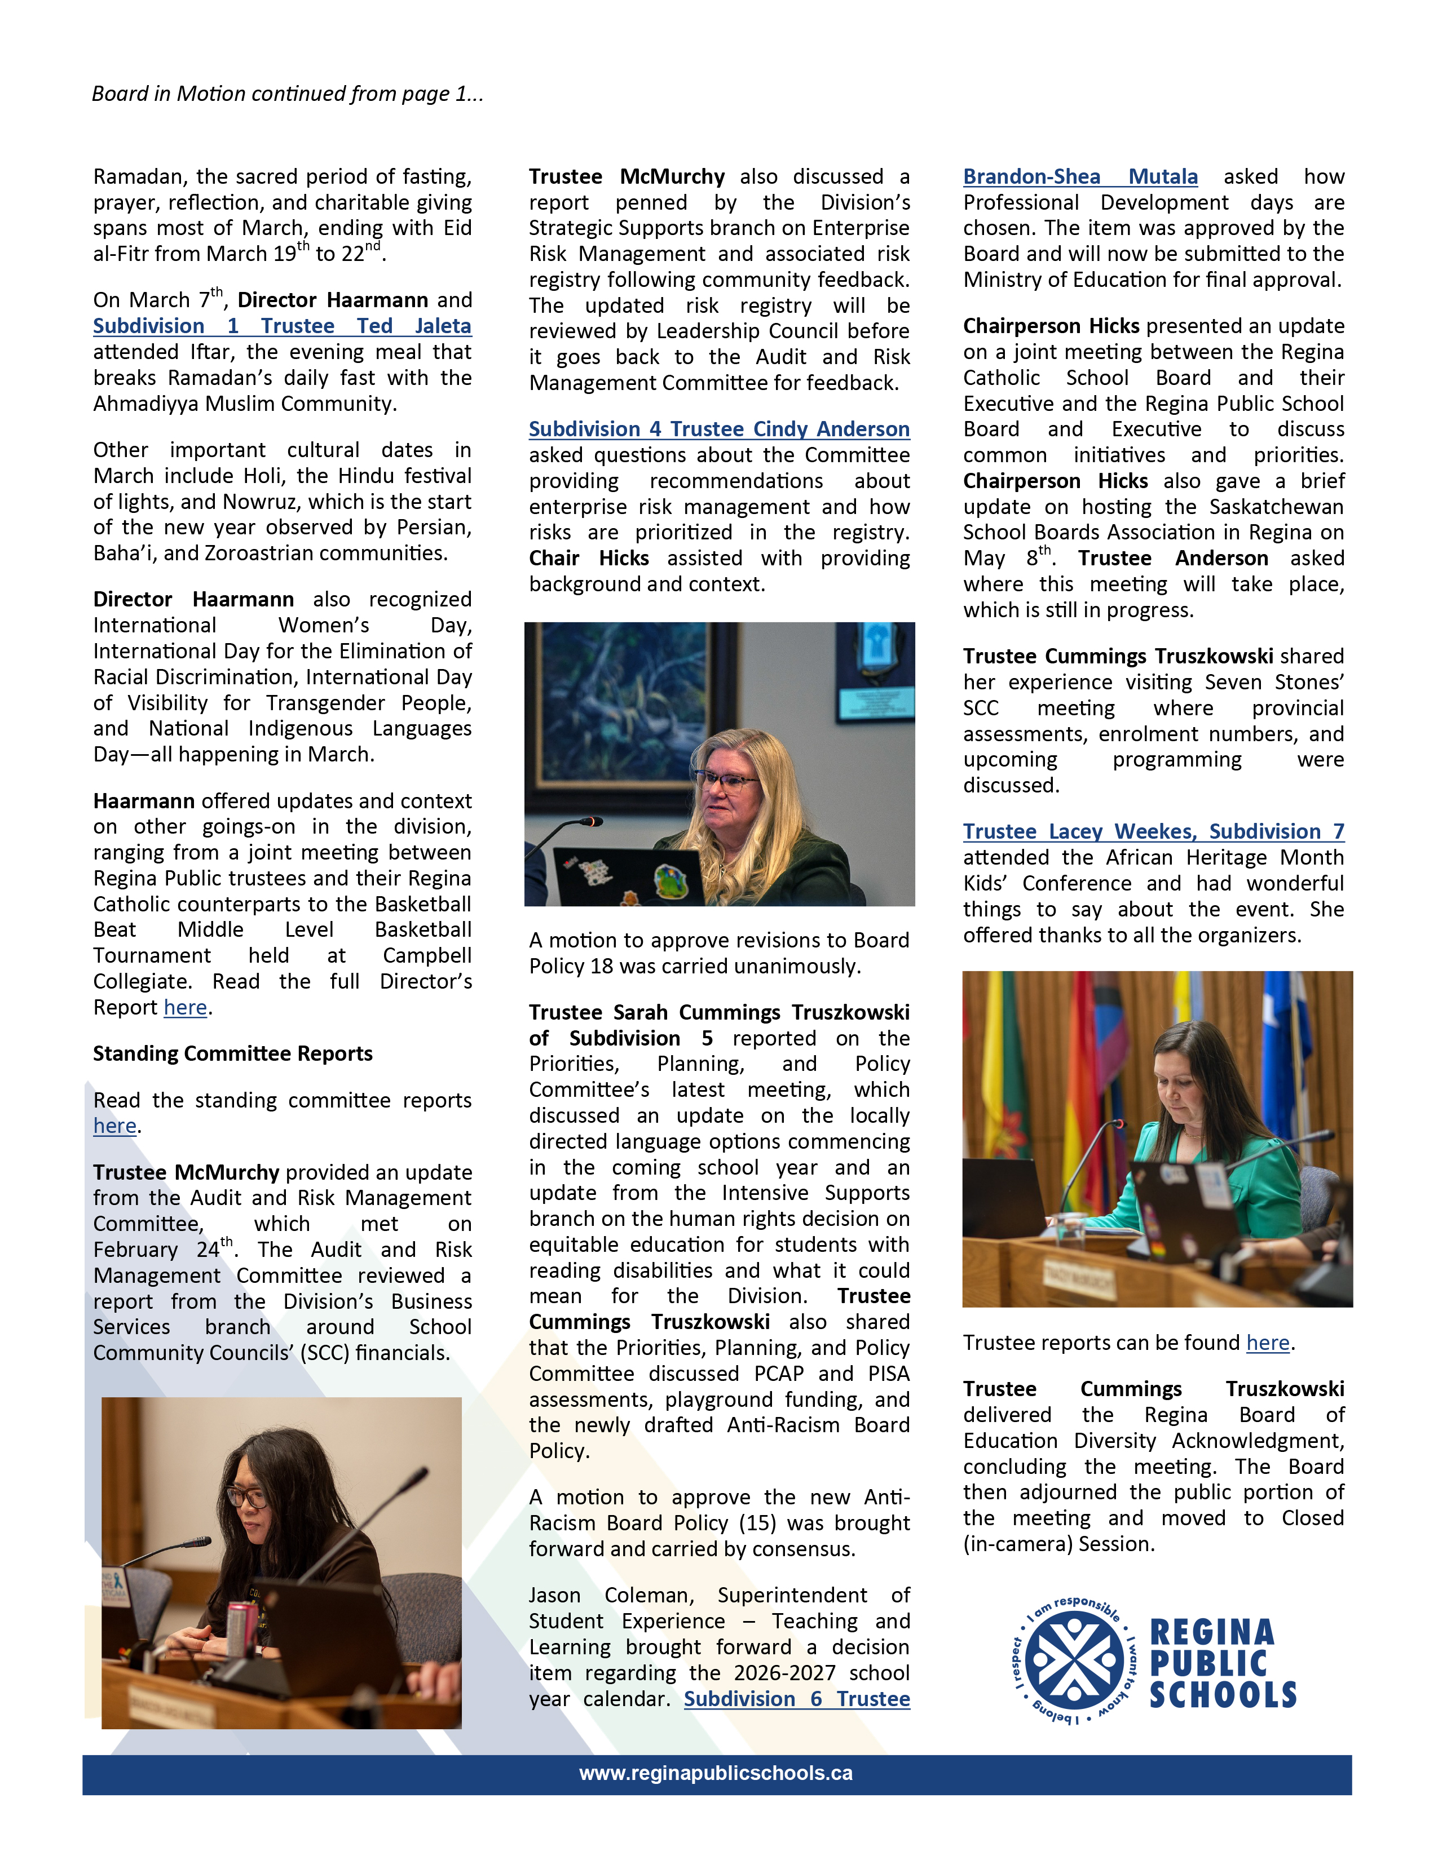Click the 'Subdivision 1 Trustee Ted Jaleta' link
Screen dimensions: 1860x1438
coord(281,326)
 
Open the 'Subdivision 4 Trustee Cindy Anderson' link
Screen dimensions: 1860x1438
coord(719,429)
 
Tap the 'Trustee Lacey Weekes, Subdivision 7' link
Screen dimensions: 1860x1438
coord(1153,831)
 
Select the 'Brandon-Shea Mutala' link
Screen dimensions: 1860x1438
coord(1080,177)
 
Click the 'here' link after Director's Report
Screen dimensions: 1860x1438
coord(185,1008)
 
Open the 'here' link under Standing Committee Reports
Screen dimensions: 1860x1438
coord(114,1126)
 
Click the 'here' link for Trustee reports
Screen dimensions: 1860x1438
coord(1268,1343)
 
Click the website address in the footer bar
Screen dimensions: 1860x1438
coord(716,1773)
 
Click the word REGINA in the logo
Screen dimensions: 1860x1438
coord(1211,1633)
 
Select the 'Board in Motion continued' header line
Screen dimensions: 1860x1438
coord(287,94)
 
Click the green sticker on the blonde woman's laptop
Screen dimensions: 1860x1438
coord(671,882)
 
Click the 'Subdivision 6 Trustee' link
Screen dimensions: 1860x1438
coord(796,1699)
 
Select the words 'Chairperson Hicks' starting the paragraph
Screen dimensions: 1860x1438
coord(1051,326)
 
